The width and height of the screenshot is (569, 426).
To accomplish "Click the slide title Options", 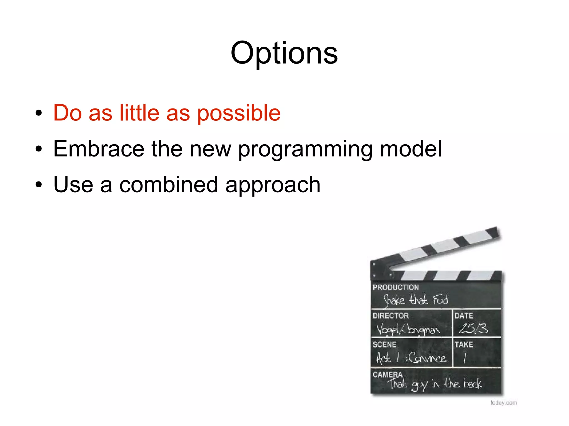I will click(284, 53).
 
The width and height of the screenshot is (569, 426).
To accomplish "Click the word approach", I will click(273, 185).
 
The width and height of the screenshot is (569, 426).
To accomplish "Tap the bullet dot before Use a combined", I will click(39, 185).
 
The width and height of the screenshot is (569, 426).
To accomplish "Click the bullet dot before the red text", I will click(39, 113).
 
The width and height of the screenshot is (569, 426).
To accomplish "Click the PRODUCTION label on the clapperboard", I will click(395, 287).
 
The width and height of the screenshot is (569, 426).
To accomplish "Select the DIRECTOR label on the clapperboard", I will click(390, 316).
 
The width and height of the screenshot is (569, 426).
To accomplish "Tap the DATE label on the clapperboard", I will click(463, 316).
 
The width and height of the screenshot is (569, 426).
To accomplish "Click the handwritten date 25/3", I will click(473, 329).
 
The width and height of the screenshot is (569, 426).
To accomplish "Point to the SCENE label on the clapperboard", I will click(384, 344).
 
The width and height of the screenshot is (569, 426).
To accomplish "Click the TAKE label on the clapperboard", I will click(463, 344).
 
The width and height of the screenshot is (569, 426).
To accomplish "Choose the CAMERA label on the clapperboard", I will click(387, 374).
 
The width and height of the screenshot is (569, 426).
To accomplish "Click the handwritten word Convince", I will click(427, 357).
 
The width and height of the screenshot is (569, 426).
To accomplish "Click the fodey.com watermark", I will click(503, 402).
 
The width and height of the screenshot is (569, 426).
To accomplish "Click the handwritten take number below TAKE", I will click(465, 358).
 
